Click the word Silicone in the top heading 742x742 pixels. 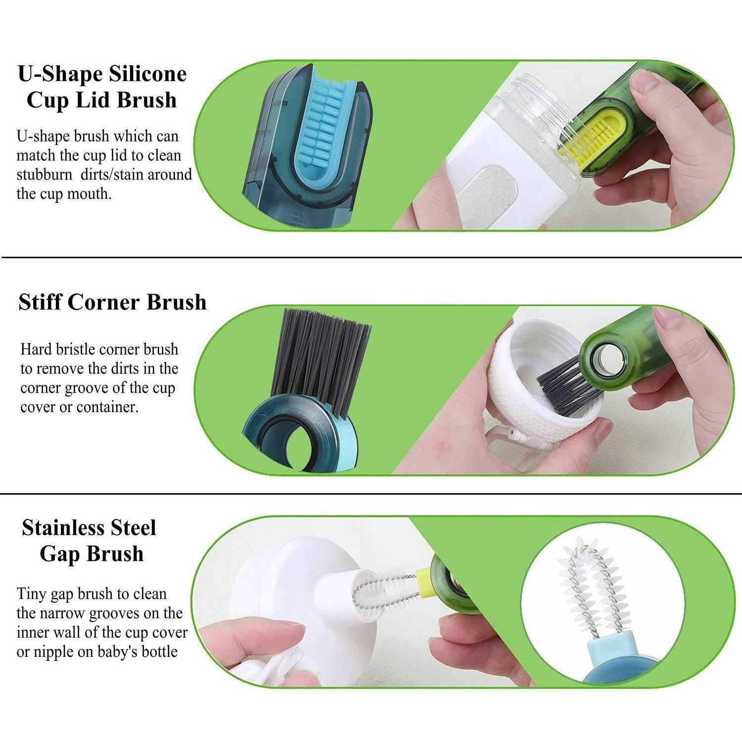(148, 74)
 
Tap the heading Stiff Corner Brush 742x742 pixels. (112, 302)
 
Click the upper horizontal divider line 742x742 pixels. (371, 258)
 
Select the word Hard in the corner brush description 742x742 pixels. (36, 349)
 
